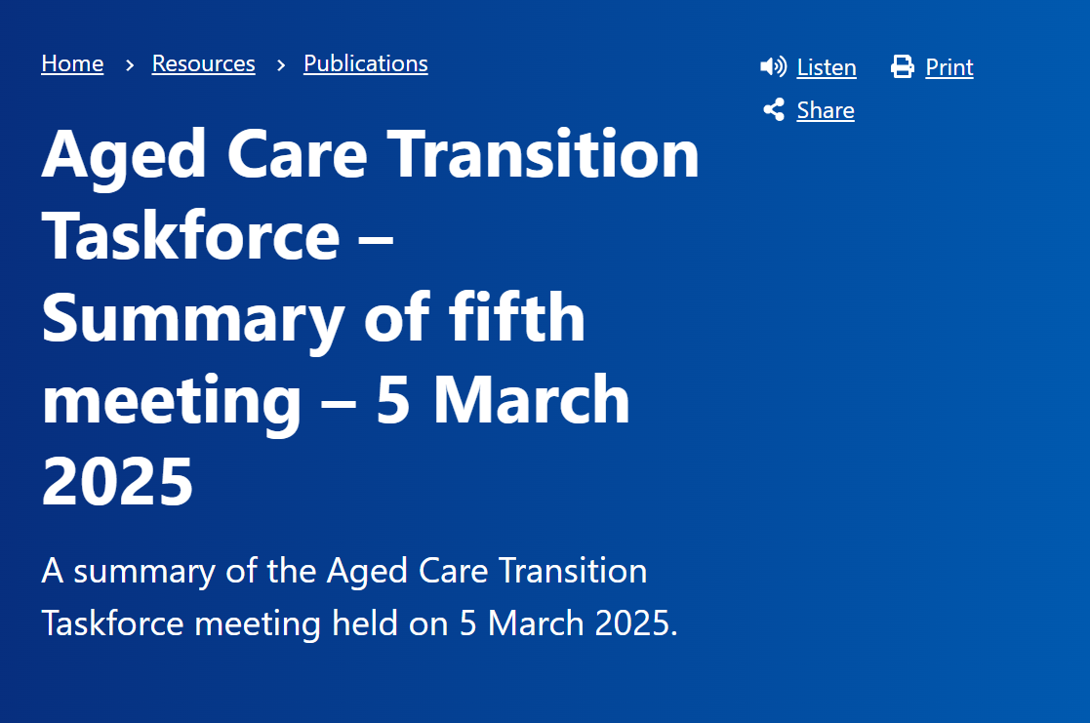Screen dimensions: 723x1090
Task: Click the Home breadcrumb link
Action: click(x=72, y=64)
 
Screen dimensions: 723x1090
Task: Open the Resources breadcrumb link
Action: click(x=203, y=64)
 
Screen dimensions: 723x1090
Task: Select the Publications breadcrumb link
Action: click(x=365, y=64)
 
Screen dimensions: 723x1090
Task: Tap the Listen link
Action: click(x=827, y=67)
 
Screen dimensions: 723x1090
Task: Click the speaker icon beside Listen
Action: click(x=773, y=66)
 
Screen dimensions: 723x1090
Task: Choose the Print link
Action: click(x=949, y=67)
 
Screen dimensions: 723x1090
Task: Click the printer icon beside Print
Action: click(x=903, y=66)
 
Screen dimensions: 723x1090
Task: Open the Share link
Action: click(x=825, y=110)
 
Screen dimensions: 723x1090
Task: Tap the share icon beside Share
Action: click(x=774, y=109)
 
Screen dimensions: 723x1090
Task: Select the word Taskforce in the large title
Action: click(x=190, y=236)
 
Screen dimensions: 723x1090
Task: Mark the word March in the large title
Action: click(x=531, y=399)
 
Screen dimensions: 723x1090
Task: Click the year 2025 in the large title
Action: click(x=117, y=481)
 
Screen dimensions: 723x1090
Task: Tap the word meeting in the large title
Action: click(x=172, y=399)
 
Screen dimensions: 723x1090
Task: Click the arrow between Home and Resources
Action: click(x=129, y=65)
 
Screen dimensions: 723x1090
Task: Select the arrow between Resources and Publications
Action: click(x=280, y=65)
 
